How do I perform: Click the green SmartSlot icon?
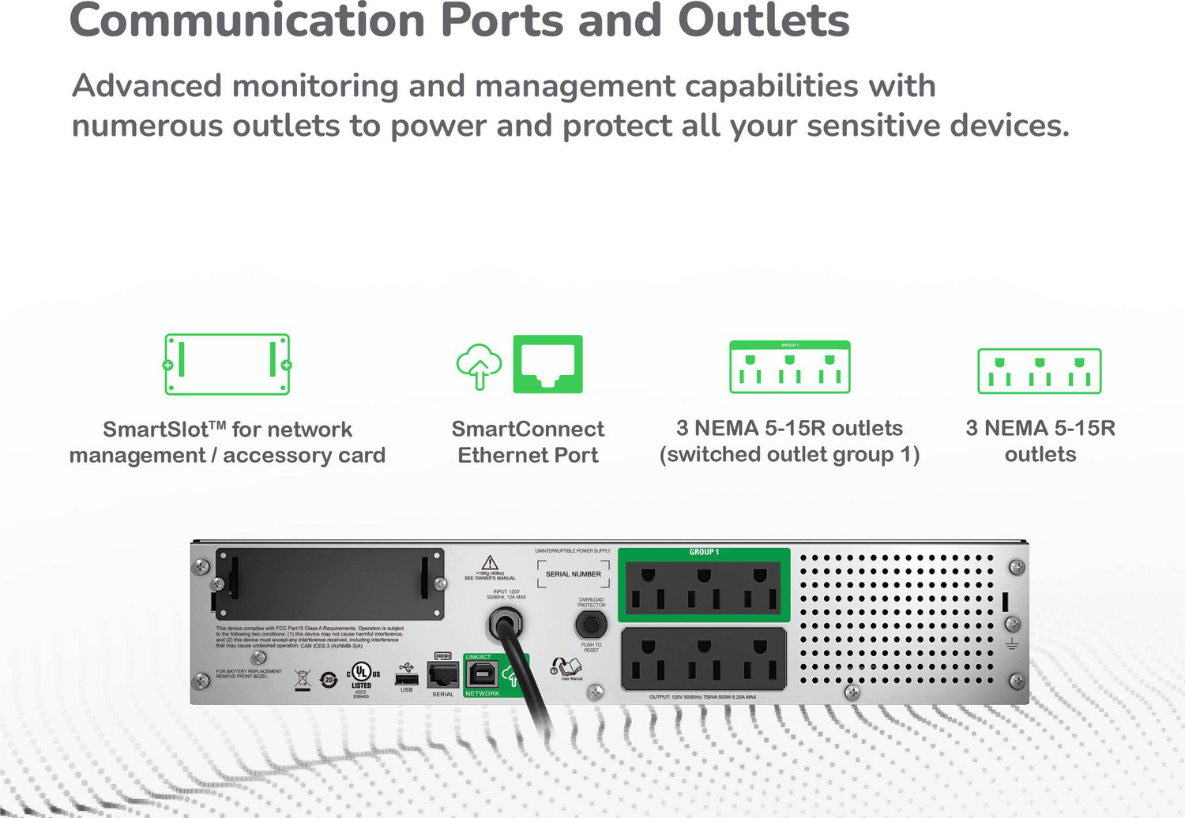tap(228, 364)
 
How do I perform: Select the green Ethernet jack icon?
tap(547, 364)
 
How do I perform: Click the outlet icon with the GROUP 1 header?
tap(789, 367)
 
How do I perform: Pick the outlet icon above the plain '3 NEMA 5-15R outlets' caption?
tap(1039, 371)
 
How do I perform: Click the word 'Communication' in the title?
tap(246, 21)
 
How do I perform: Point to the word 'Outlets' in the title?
tap(763, 21)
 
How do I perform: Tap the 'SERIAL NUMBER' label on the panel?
tap(573, 574)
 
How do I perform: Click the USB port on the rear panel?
tap(406, 679)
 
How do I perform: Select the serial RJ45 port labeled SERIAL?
tap(442, 675)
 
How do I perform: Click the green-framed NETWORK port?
tap(481, 675)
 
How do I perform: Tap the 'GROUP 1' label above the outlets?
tap(703, 552)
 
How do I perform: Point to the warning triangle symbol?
tap(490, 562)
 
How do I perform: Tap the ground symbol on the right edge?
tap(1011, 644)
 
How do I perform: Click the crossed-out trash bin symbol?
tap(302, 679)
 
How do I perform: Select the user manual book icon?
tap(566, 668)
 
